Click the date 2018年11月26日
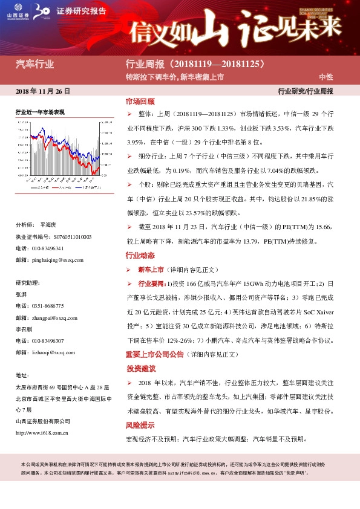pos(42,91)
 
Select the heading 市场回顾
pos(140,102)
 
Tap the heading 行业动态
pos(140,255)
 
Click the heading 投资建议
pos(140,368)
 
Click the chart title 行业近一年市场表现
pos(40,112)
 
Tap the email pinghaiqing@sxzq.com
pos(58,260)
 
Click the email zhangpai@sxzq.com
pos(55,317)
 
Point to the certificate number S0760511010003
pos(70,237)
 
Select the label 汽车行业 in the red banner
pos(34,63)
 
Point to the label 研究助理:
pos(28,283)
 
